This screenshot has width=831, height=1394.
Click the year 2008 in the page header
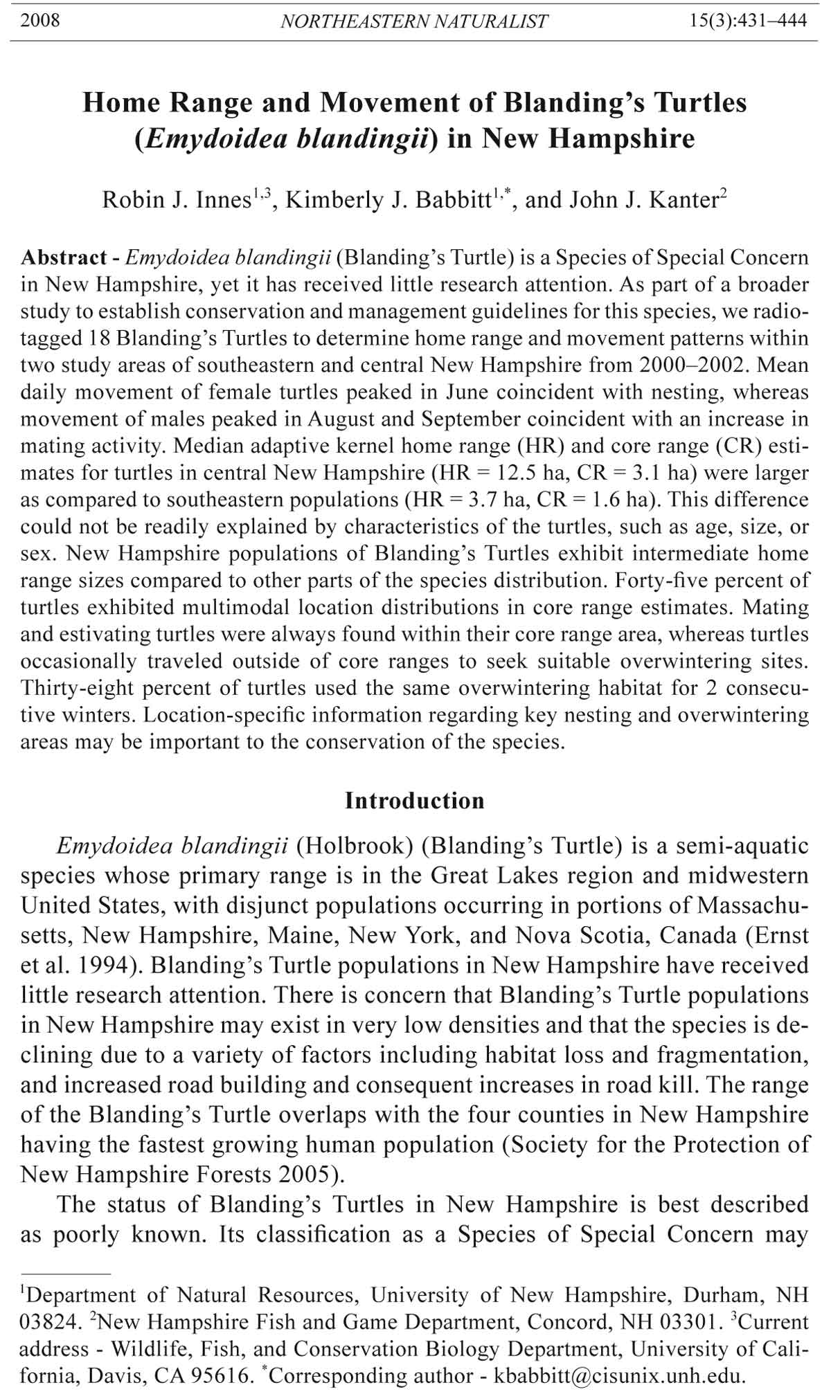coord(40,20)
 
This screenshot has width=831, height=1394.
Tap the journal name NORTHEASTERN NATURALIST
coord(414,21)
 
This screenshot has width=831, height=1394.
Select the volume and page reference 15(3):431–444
coord(748,20)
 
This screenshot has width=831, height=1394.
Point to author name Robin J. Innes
coord(176,200)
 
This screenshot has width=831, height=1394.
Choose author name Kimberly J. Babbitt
coord(387,200)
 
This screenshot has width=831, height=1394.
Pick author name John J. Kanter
coord(644,200)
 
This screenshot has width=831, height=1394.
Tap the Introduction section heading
coord(415,801)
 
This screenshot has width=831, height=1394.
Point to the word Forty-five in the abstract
coord(700,581)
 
